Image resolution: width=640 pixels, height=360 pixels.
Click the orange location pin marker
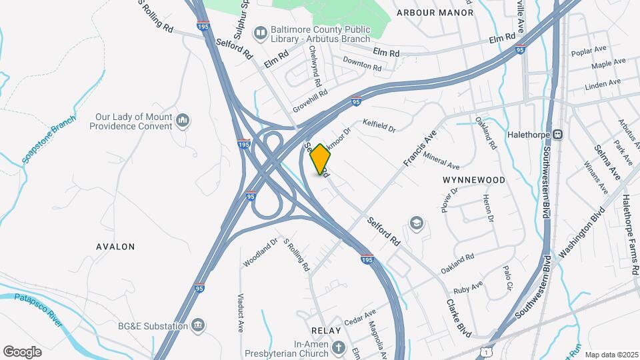pos(320,158)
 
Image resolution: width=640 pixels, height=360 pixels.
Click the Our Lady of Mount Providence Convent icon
pos(183,121)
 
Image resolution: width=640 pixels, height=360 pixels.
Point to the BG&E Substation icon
pos(197,325)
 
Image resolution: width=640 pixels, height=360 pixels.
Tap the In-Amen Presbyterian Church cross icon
pos(339,348)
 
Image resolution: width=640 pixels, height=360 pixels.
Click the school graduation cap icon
pos(417,223)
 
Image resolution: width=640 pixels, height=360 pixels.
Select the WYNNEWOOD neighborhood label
pos(473,180)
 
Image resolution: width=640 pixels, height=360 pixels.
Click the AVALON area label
pos(115,247)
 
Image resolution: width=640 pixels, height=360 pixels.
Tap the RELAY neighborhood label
pos(326,331)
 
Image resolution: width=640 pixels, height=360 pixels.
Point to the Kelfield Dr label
pos(379,125)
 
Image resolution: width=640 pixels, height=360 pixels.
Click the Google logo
pos(22,351)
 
